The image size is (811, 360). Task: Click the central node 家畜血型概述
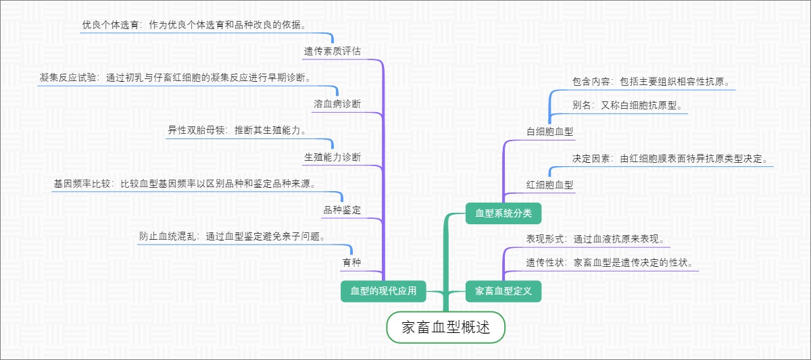pos(445,328)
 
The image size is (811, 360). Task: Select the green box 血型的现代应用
pos(383,291)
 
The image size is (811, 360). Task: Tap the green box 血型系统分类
pos(503,213)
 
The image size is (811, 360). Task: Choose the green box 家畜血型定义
pos(503,291)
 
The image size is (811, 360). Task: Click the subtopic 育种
pos(351,261)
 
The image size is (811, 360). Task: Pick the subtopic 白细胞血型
pos(549,130)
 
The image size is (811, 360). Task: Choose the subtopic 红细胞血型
pos(549,184)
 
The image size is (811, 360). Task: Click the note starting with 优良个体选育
pos(193,25)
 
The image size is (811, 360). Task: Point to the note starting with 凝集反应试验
pos(176,78)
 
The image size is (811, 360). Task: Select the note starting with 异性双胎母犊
pos(237,130)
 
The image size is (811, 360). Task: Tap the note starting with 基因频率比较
pos(185,183)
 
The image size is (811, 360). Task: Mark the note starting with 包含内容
pos(651,82)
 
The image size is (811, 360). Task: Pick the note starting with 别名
pos(627,105)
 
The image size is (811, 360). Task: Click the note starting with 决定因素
pos(670,159)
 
